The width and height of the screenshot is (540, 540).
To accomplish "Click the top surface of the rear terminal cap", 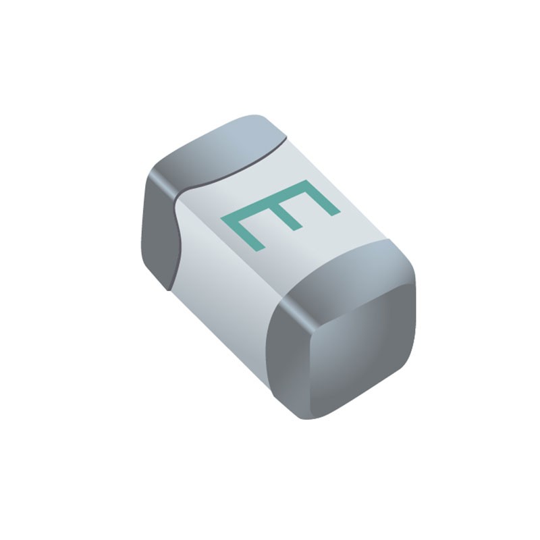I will [x=223, y=145].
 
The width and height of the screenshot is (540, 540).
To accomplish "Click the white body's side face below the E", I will [x=216, y=283].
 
